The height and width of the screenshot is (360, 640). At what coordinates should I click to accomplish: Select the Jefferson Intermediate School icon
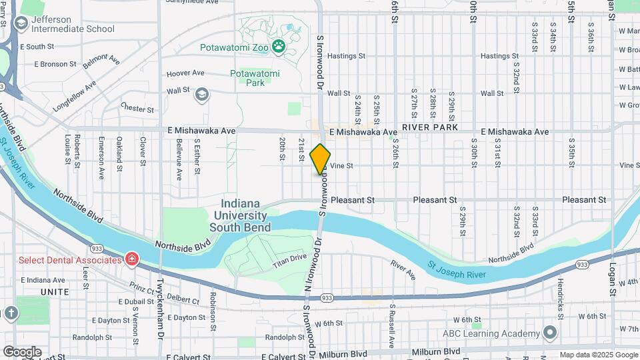(21, 24)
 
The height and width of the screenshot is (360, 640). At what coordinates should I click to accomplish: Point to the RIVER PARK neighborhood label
(427, 126)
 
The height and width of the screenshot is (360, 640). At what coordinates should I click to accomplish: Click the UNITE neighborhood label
(55, 292)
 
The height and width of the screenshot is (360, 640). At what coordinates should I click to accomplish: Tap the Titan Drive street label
(289, 261)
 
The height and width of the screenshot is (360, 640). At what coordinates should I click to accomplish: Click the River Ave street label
(403, 269)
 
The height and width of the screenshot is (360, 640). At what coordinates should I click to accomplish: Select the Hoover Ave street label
(185, 73)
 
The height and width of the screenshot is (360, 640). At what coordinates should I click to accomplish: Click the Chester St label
(137, 107)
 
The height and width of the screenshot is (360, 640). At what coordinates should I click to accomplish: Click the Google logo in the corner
(22, 351)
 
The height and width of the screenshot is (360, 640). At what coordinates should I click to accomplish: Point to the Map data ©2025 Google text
(598, 355)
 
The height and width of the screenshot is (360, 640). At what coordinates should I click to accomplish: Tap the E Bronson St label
(49, 64)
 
